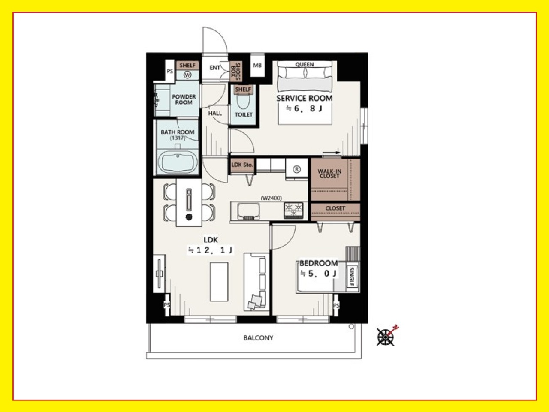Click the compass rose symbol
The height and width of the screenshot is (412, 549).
[386, 337]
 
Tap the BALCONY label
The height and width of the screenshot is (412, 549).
[258, 338]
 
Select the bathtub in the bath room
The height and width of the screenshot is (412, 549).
[177, 162]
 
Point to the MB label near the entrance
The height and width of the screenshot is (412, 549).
[257, 66]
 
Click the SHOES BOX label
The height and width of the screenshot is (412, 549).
[236, 72]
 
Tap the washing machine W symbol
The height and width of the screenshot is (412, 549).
[187, 75]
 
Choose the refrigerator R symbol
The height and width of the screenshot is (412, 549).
[297, 169]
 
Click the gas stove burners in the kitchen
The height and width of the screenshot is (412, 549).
[293, 210]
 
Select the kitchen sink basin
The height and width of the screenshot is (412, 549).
[248, 211]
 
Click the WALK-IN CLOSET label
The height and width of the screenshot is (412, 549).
[329, 174]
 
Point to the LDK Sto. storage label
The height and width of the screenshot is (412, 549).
[242, 165]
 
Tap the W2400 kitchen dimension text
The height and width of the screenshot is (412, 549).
[271, 198]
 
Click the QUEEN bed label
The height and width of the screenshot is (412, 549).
[305, 64]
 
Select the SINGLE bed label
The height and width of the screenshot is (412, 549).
[352, 276]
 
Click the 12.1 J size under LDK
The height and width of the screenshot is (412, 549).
[211, 250]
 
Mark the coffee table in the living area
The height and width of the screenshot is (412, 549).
[219, 282]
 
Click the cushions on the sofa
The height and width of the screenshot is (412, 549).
[256, 302]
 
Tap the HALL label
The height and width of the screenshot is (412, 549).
[215, 113]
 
